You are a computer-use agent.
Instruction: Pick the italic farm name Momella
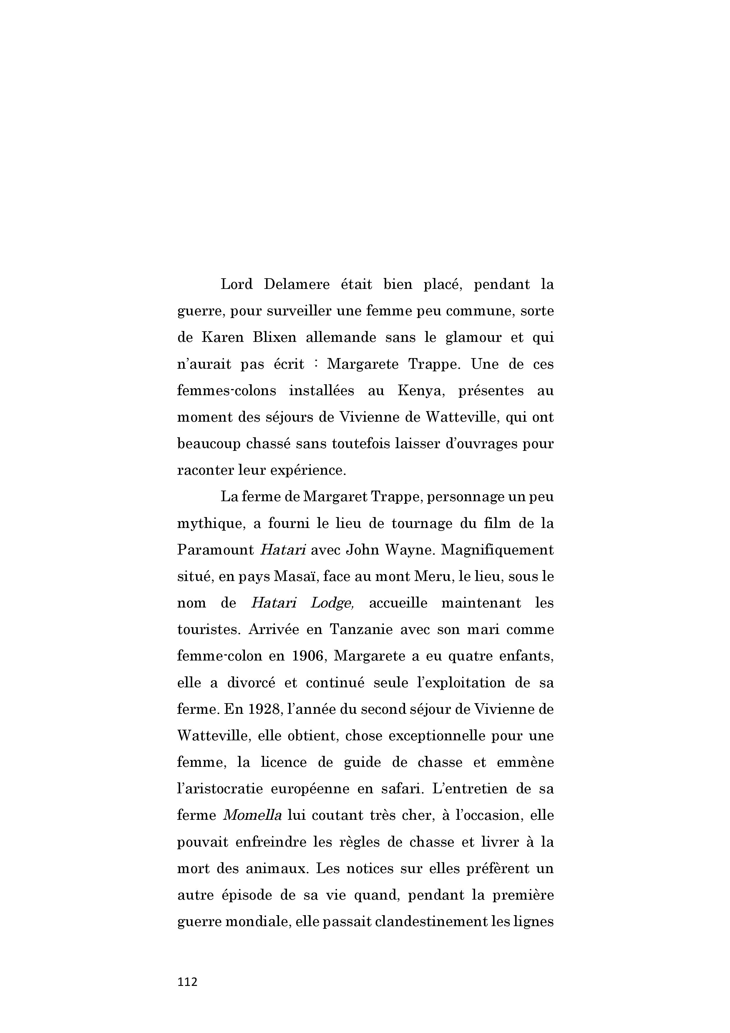(x=252, y=815)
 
